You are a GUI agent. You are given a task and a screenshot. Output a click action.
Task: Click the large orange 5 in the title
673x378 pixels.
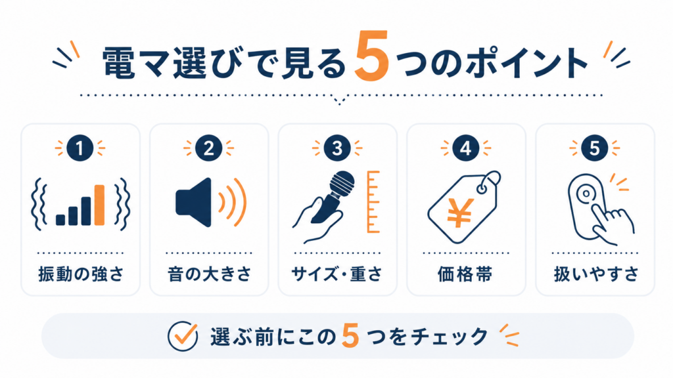[x=373, y=56]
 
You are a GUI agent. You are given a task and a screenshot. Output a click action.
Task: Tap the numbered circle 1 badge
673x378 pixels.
[x=80, y=148]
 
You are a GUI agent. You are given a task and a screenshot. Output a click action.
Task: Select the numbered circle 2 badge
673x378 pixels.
[x=208, y=148]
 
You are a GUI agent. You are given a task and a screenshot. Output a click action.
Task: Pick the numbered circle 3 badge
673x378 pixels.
[x=337, y=148]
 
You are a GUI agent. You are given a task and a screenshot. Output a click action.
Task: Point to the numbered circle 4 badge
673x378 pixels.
[x=466, y=148]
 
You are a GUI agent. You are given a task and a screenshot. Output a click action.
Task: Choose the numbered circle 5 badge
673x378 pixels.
[x=594, y=148]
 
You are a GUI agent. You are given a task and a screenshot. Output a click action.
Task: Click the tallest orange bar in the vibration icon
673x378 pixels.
[x=100, y=205]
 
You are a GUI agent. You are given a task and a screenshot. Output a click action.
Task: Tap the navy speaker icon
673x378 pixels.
[x=194, y=202]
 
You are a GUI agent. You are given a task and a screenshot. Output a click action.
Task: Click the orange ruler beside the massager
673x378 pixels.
[x=373, y=202]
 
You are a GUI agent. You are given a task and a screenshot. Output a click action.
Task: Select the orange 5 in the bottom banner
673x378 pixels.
[x=350, y=336]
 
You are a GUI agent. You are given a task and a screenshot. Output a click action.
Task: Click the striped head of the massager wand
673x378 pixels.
[x=342, y=184]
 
